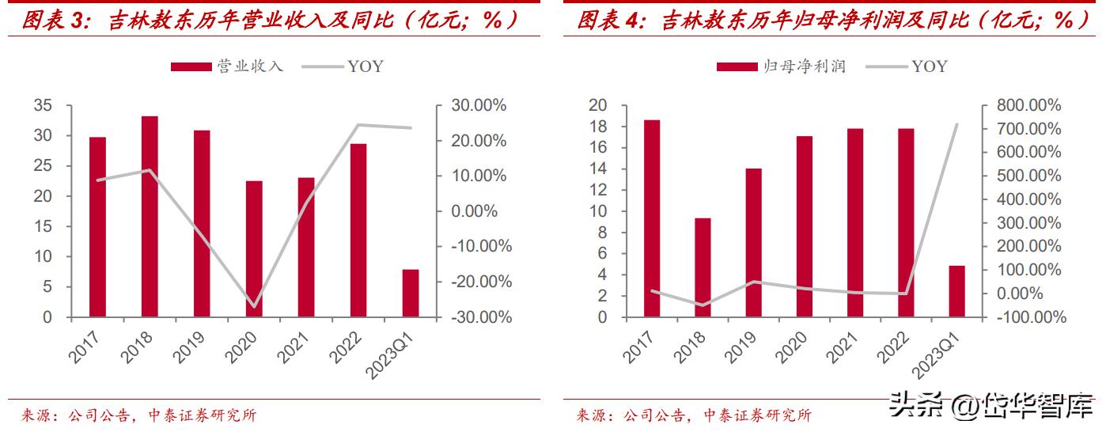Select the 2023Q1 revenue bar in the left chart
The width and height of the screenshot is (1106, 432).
pyautogui.click(x=411, y=293)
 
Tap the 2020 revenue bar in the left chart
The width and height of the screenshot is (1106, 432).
pyautogui.click(x=254, y=248)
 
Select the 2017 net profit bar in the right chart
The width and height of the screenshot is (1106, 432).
pyautogui.click(x=652, y=218)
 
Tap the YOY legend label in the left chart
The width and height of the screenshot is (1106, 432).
pyautogui.click(x=365, y=66)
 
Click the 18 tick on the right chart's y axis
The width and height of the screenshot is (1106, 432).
pyautogui.click(x=598, y=127)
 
